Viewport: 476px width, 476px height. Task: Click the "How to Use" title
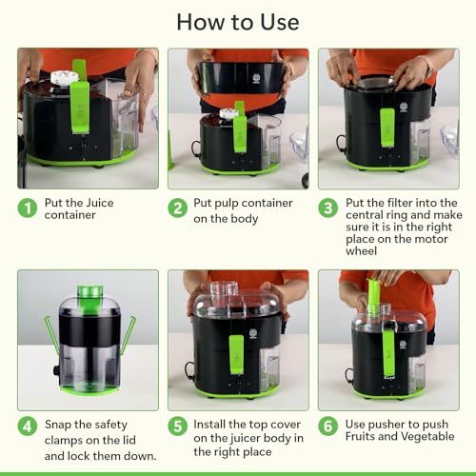pos(238,22)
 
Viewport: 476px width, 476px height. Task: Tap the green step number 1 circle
pos(28,208)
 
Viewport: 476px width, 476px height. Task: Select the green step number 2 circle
pos(177,208)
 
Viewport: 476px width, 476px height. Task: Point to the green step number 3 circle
pos(327,208)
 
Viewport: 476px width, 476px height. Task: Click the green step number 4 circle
pos(28,426)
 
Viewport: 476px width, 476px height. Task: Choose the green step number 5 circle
pos(177,426)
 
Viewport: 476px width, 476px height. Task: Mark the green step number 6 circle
pos(327,426)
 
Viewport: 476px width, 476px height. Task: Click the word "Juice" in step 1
pos(100,203)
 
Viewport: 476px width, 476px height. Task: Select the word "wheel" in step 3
pos(362,251)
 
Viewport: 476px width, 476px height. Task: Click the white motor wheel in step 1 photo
pos(65,78)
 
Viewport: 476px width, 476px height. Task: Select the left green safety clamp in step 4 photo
pos(51,335)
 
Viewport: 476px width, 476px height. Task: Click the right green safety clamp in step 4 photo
pos(129,335)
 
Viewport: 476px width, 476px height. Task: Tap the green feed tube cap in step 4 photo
pos(90,291)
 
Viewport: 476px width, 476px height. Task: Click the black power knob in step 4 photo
pos(56,370)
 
